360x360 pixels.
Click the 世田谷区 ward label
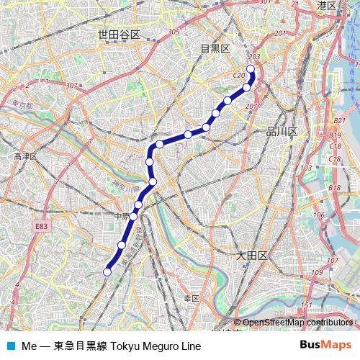pyautogui.click(x=120, y=35)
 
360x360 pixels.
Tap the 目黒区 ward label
pyautogui.click(x=215, y=48)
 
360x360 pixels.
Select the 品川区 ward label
pyautogui.click(x=276, y=131)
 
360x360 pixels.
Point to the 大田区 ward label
pyautogui.click(x=252, y=256)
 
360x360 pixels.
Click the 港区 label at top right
pyautogui.click(x=326, y=6)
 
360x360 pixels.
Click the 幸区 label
pyautogui.click(x=192, y=297)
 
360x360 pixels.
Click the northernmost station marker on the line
pyautogui.click(x=251, y=70)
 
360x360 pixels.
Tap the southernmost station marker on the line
pyautogui.click(x=107, y=271)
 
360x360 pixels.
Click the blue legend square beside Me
pyautogui.click(x=10, y=346)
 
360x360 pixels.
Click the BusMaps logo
pyautogui.click(x=325, y=345)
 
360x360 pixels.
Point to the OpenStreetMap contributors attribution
pyautogui.click(x=297, y=323)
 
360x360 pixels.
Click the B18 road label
pyautogui.click(x=334, y=188)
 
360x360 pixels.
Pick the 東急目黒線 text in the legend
pyautogui.click(x=81, y=346)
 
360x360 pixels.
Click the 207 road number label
pyautogui.click(x=251, y=107)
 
